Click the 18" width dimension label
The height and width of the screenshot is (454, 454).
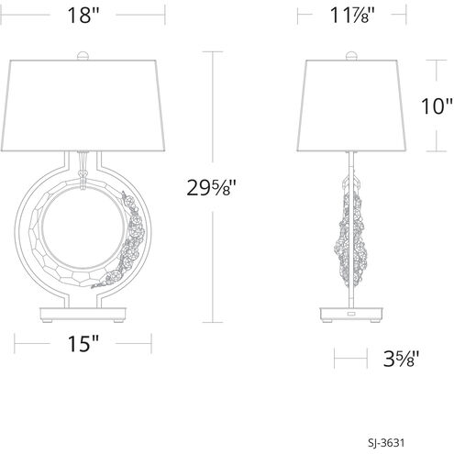(83, 16)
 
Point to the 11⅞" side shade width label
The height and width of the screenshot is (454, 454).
(351, 16)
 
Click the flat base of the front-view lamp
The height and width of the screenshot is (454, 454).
(83, 311)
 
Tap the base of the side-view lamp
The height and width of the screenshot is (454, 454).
(351, 314)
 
